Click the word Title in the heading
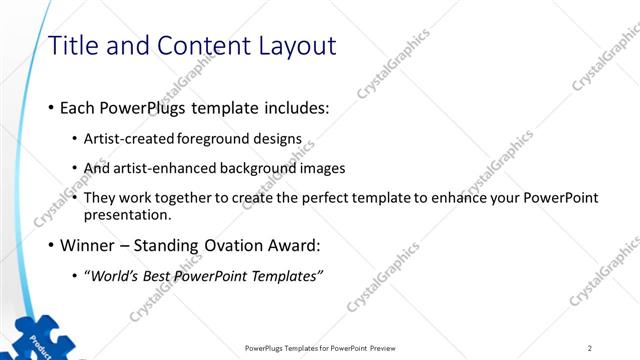tap(73, 46)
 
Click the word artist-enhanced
tap(170, 168)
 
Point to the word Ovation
tap(220, 245)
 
